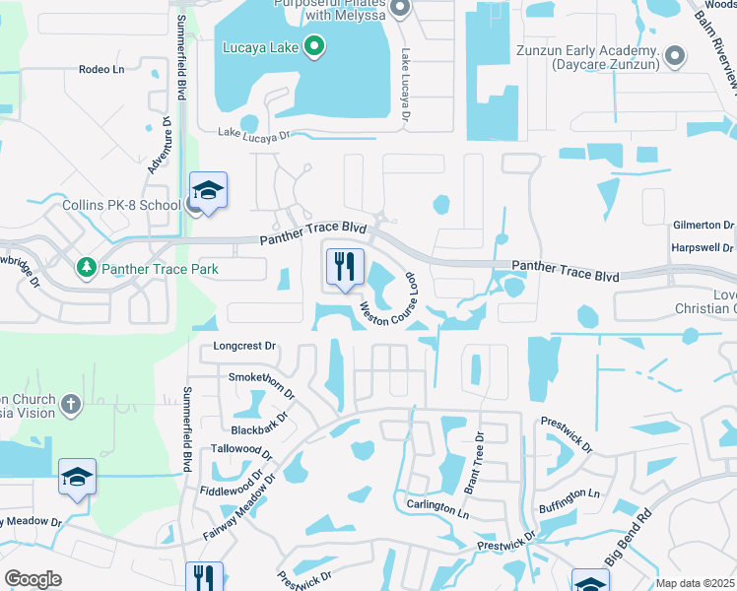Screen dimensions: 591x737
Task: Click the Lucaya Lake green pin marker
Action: tap(313, 45)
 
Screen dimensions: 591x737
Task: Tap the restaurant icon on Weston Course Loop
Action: tap(345, 266)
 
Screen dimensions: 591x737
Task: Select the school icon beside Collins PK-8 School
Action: tap(208, 189)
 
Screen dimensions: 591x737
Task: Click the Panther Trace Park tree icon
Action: tap(87, 268)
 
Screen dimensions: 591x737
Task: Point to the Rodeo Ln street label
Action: tap(102, 70)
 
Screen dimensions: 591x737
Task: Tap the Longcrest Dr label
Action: tap(246, 347)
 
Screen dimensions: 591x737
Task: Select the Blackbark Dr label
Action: tap(259, 422)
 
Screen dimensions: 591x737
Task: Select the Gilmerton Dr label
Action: tap(703, 225)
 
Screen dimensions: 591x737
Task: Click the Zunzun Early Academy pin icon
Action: tap(675, 54)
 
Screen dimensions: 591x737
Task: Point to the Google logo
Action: tap(33, 579)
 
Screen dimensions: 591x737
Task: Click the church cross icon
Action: tap(70, 404)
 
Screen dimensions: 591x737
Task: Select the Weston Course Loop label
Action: tap(388, 300)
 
